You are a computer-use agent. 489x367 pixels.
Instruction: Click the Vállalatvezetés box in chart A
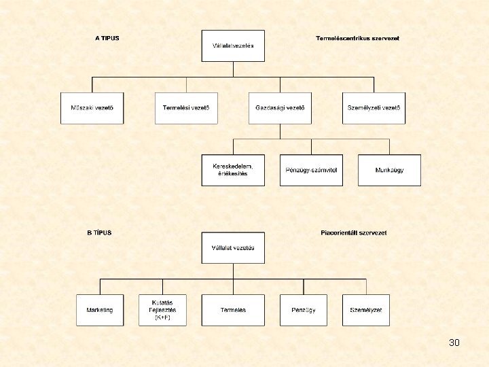(233, 46)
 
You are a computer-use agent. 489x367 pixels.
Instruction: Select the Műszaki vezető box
(92, 108)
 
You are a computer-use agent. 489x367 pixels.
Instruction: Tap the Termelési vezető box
(186, 108)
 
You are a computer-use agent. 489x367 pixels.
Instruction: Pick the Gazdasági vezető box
(280, 108)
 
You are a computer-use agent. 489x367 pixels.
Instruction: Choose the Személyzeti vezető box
(374, 108)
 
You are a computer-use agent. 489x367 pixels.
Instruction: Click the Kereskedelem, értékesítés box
(233, 170)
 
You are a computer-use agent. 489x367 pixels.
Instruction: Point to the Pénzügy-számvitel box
(311, 170)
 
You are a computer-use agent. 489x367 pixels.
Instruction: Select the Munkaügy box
(389, 170)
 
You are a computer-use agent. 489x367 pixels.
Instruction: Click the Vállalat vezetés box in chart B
(233, 248)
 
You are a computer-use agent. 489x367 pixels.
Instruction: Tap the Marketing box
(100, 310)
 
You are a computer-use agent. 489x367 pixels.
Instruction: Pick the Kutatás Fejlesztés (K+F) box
(162, 310)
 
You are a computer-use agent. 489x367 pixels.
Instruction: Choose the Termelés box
(233, 310)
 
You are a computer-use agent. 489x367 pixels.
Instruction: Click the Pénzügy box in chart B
(303, 310)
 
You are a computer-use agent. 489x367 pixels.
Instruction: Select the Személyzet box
(365, 310)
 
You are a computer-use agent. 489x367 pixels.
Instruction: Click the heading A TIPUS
(107, 38)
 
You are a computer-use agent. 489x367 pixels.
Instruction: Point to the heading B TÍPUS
(99, 232)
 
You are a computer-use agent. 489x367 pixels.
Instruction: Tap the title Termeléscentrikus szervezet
(357, 38)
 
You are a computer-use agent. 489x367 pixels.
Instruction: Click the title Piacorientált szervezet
(353, 232)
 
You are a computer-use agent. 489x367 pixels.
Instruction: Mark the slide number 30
(454, 343)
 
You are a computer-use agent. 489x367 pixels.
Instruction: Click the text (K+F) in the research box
(162, 317)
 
